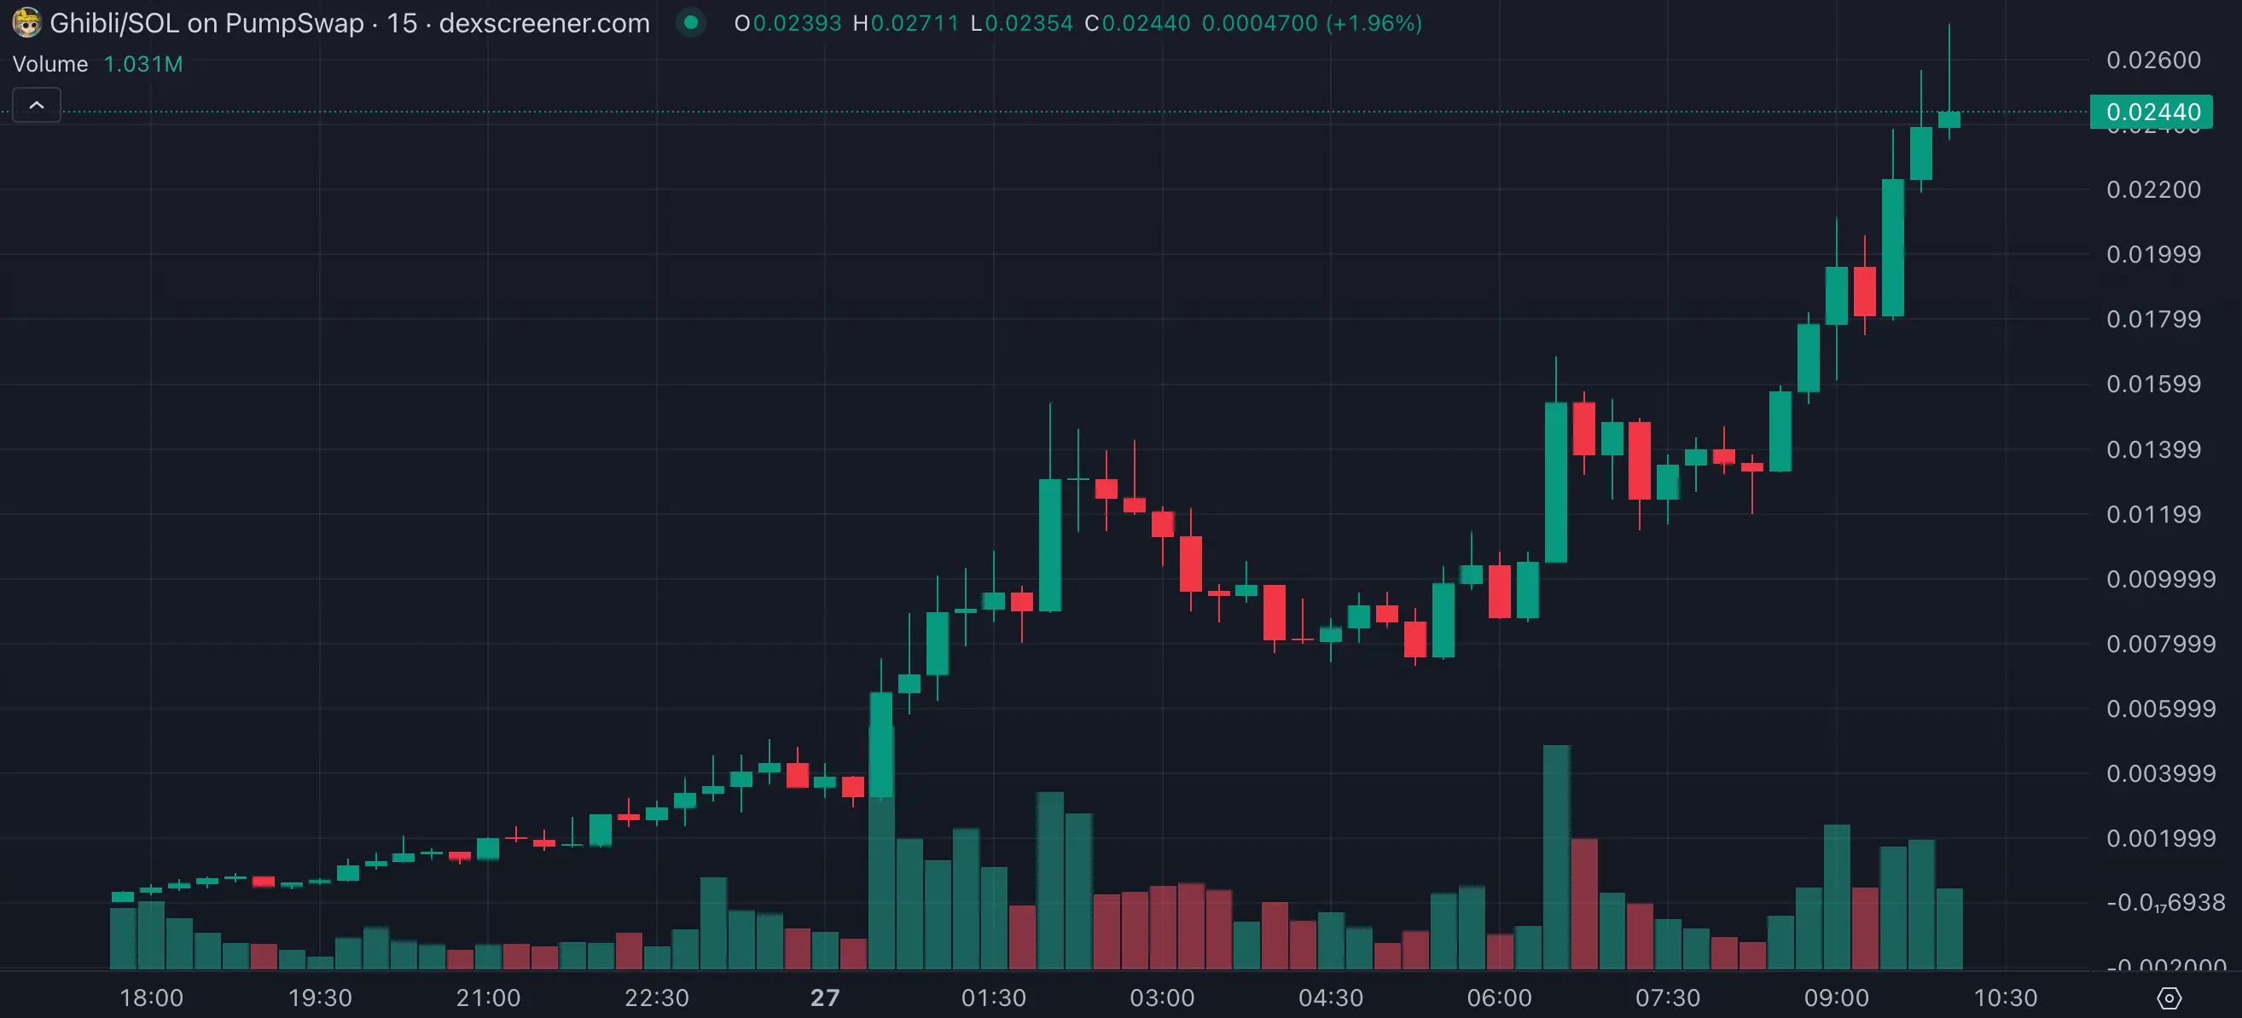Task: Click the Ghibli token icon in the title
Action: [x=26, y=23]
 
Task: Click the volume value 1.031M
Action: [x=142, y=65]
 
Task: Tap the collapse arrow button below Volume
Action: [x=37, y=105]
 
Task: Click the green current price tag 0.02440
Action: [x=2152, y=113]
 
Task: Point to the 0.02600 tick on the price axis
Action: [x=2153, y=60]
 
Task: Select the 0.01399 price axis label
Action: [x=2153, y=450]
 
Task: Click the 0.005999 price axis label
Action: [x=2160, y=709]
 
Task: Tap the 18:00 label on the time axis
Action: [x=152, y=998]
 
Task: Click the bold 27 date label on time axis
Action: [x=824, y=998]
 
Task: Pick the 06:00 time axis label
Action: [x=1499, y=998]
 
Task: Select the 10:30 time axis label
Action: [x=2004, y=998]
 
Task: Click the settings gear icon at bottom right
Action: [x=2169, y=998]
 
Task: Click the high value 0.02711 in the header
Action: [x=914, y=24]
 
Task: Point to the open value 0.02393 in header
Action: [x=796, y=24]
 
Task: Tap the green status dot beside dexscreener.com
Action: [x=691, y=23]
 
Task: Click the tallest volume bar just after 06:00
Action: [x=1556, y=857]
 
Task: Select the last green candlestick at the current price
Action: [x=1949, y=119]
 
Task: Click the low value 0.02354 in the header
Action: [x=1029, y=24]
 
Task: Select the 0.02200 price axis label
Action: [x=2153, y=189]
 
